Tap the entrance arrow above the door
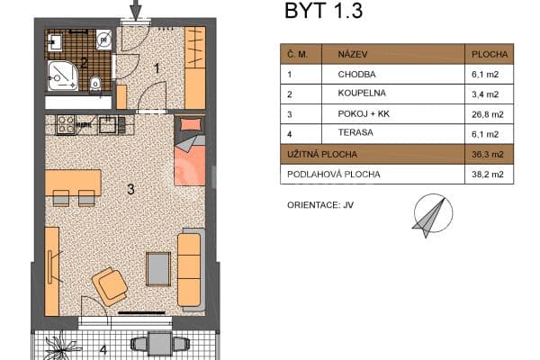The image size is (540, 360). click(x=136, y=10)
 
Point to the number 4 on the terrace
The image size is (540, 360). click(x=103, y=349)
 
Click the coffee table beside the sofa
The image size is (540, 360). click(x=159, y=267)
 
